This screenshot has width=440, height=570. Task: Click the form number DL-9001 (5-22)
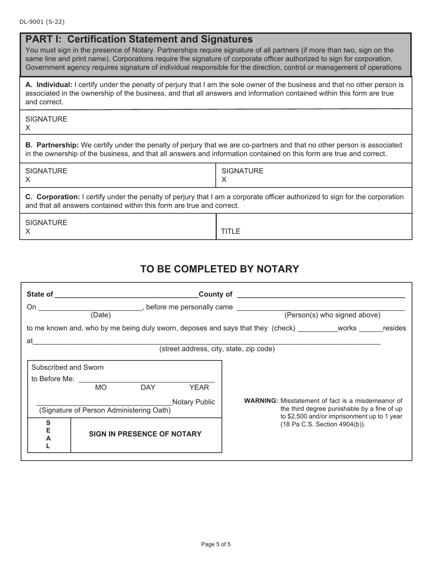(42, 22)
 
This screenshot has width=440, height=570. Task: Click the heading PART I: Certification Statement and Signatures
(139, 39)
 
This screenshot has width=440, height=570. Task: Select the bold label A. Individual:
(49, 85)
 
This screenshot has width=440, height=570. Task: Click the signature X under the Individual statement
(28, 127)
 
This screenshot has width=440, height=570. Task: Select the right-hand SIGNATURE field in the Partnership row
(314, 175)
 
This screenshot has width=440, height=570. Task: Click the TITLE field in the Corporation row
(314, 227)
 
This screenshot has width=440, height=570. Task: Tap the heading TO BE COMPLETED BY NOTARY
(220, 269)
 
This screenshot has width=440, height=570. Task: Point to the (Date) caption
(101, 315)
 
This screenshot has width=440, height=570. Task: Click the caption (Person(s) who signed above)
(332, 315)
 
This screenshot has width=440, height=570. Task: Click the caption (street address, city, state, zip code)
(217, 349)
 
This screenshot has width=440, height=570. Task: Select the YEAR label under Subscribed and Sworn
(199, 387)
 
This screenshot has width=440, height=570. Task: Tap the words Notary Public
(194, 402)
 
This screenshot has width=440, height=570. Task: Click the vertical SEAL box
(49, 435)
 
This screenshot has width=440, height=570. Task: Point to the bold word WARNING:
(261, 401)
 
